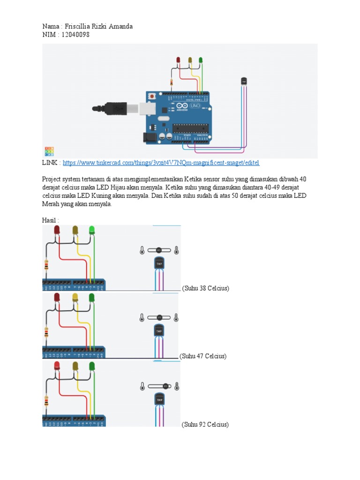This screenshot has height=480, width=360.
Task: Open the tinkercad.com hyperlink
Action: coord(160,163)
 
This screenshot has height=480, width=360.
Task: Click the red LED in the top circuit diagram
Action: coord(178,60)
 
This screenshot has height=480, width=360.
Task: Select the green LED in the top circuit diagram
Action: coord(201,60)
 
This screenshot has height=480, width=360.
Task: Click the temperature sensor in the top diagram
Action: coord(244,81)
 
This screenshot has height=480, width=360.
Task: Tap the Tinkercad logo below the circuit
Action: coord(49,151)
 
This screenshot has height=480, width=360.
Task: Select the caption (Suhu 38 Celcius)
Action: coord(205,288)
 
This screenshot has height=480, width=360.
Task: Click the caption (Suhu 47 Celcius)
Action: coord(204,356)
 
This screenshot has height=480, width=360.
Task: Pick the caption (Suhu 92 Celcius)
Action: coord(205,425)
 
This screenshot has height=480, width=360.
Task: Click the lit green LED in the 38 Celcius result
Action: coord(92,230)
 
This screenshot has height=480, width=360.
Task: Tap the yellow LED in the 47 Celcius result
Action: coord(75,298)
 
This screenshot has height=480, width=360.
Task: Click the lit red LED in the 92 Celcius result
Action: coord(57,366)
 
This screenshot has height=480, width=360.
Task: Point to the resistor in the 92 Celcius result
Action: coord(46,401)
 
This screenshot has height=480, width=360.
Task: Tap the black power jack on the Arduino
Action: coord(149,137)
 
